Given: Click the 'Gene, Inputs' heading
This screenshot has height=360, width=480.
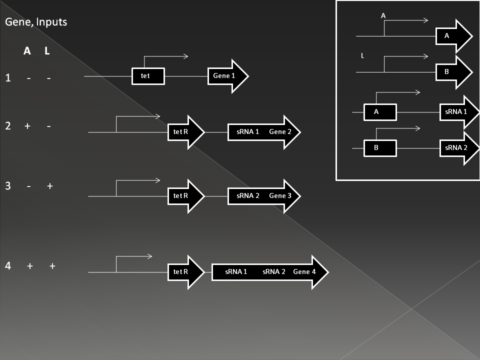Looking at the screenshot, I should point(35,22).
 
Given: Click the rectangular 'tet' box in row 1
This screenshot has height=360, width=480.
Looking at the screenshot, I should point(148,76).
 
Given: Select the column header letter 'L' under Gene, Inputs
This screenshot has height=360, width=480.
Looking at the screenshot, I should point(47,51).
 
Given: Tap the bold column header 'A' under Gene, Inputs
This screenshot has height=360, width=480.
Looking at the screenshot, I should point(27,51).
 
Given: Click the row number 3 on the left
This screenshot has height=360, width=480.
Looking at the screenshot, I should point(8,186).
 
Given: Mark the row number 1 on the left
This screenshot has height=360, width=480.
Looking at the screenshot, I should point(8,78).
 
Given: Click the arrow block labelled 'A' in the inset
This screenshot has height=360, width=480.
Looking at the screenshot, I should point(452,36).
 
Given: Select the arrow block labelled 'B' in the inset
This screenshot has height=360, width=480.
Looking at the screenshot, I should point(452,72).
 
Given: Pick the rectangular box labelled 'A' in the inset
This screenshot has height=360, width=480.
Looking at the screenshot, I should point(379,112).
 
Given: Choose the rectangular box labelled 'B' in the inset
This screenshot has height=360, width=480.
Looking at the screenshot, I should point(379,148).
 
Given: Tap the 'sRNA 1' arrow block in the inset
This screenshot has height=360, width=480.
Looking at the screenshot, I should point(457,112).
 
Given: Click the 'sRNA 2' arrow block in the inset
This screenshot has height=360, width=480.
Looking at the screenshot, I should point(457,148).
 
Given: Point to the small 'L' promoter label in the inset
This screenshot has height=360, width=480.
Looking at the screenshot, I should point(362,56).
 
